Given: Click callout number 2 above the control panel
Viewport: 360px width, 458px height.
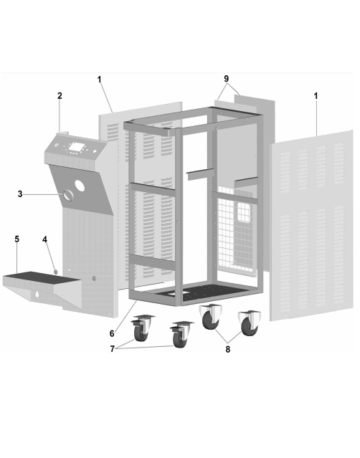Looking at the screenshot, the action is click(60, 95).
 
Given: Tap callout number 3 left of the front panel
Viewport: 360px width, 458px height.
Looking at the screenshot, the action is click(20, 194).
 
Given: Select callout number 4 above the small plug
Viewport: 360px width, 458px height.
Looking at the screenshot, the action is click(44, 239).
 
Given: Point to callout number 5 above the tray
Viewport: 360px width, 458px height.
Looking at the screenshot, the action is click(17, 239).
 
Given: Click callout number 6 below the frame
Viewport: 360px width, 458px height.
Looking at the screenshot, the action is click(112, 333).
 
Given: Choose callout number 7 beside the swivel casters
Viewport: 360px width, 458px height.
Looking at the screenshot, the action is click(112, 349).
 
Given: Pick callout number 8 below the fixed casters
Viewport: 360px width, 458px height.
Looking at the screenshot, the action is click(228, 349).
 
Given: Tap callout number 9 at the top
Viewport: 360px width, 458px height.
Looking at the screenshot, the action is click(227, 79).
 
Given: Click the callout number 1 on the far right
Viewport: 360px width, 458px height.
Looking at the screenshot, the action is click(316, 96).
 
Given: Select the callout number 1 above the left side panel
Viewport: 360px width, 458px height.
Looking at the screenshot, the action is click(100, 79).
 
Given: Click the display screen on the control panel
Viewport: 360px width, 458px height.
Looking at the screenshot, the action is click(76, 147).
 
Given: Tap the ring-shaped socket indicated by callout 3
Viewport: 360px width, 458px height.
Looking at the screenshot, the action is click(68, 195).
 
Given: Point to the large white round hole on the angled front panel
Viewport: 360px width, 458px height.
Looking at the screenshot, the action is click(80, 186).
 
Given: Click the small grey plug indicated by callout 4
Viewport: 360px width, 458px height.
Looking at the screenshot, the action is click(55, 272).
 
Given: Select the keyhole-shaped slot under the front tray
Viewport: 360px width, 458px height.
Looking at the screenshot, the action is click(37, 294).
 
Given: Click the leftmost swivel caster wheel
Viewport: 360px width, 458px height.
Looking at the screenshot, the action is click(141, 333).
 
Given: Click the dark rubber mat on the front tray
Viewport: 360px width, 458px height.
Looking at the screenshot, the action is click(42, 277).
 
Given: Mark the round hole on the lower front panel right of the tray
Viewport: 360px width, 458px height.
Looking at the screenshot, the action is click(94, 278).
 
